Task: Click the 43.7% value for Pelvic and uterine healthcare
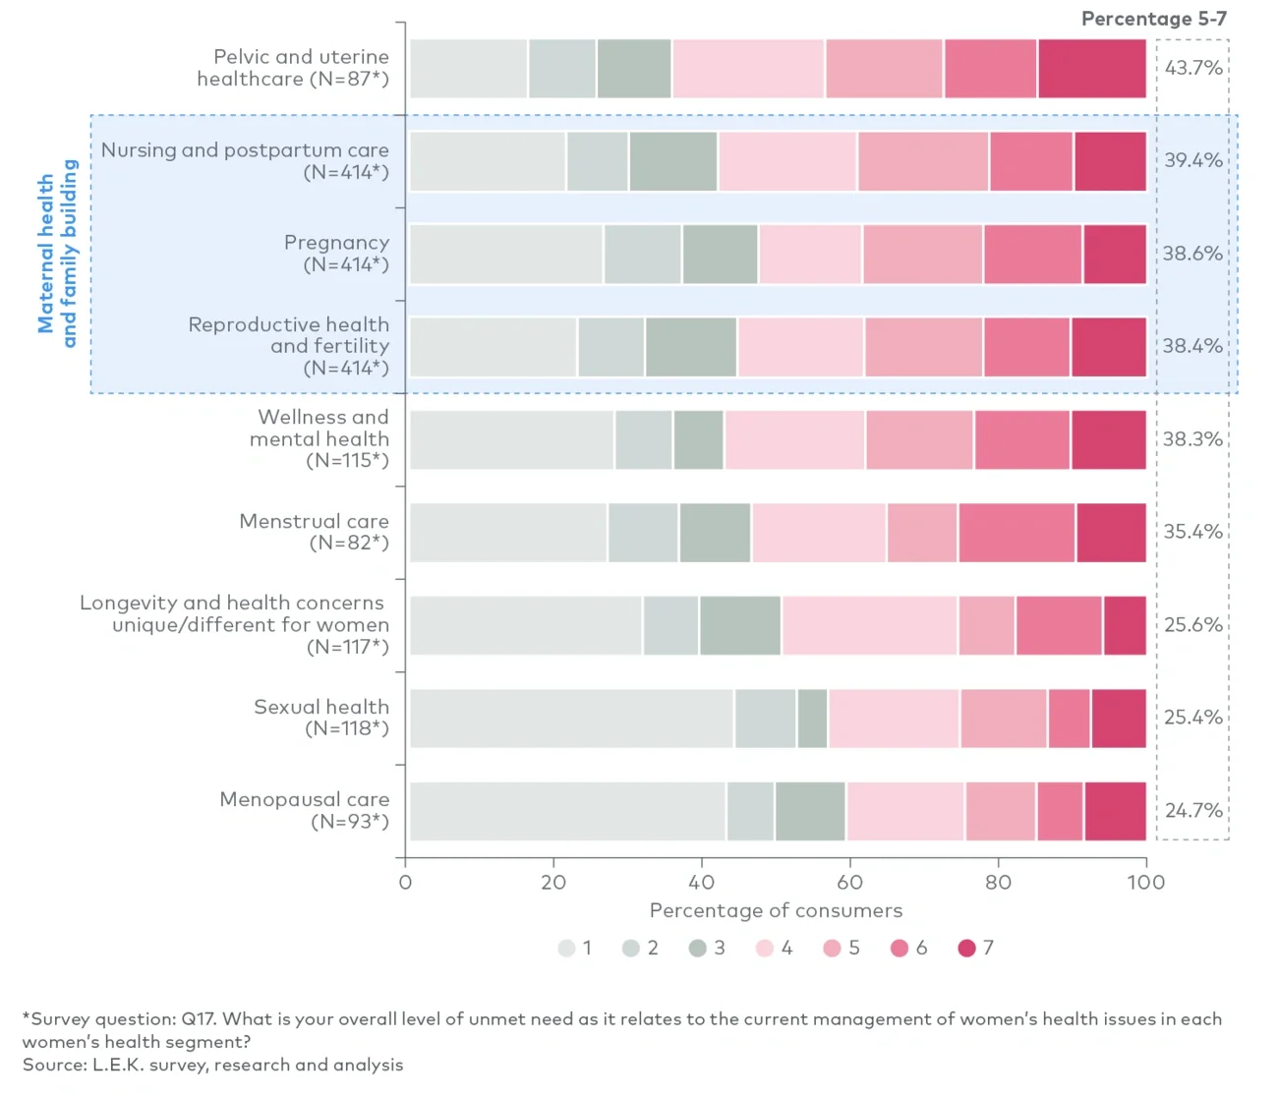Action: [x=1193, y=68]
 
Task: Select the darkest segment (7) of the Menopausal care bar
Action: [x=1115, y=811]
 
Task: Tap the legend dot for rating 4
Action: [x=765, y=948]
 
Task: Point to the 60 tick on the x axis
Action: [x=849, y=882]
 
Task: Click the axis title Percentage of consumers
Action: [x=776, y=910]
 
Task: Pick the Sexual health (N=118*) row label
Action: [x=321, y=718]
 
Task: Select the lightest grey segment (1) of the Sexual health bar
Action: [x=571, y=719]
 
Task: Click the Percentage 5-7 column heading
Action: [x=1153, y=19]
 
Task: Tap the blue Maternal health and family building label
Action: [x=57, y=254]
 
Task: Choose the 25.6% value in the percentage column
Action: [x=1193, y=625]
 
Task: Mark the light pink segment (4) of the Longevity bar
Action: [x=869, y=625]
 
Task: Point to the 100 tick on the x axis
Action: [x=1145, y=882]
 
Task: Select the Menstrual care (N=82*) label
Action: [x=315, y=532]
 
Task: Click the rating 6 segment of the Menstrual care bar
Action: [x=1017, y=533]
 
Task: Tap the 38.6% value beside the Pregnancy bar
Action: [x=1193, y=254]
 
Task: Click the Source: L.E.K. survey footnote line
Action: [x=212, y=1065]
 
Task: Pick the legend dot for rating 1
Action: [x=567, y=948]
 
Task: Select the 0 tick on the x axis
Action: [x=405, y=882]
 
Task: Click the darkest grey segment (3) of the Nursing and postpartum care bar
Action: [x=673, y=161]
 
